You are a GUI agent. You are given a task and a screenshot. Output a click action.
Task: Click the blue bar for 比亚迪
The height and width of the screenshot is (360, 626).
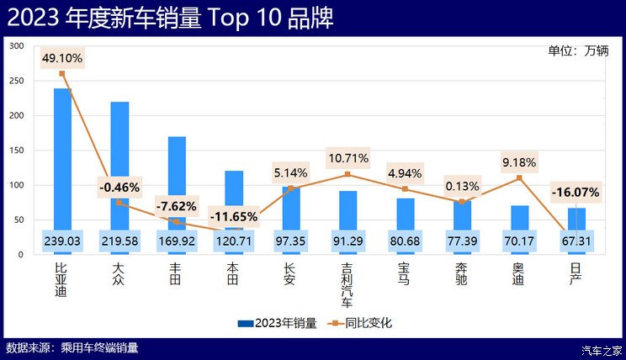[x=62, y=151]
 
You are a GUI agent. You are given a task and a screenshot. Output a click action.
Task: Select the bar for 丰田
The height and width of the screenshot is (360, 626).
[x=177, y=177]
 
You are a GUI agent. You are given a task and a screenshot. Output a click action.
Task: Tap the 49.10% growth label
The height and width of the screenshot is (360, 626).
[x=62, y=58]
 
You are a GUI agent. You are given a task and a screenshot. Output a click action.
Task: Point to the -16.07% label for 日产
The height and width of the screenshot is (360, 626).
[x=576, y=193]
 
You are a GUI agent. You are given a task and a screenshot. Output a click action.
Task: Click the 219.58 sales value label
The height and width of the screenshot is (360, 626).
[x=119, y=242]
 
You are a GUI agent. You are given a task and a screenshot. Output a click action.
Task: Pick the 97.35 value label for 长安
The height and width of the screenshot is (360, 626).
[x=291, y=242]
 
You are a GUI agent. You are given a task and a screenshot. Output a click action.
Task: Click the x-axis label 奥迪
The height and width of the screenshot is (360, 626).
[x=520, y=274]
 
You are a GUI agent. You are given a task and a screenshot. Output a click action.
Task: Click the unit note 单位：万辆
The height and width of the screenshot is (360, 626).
[x=578, y=50]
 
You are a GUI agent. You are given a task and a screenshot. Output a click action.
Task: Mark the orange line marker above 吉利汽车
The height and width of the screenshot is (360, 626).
[x=348, y=174]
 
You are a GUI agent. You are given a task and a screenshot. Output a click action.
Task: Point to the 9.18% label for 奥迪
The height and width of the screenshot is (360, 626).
[x=520, y=161]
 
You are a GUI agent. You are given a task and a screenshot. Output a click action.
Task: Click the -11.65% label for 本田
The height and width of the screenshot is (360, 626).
[x=234, y=217]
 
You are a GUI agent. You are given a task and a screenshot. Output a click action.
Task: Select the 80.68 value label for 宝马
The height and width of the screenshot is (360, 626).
[x=406, y=242]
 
